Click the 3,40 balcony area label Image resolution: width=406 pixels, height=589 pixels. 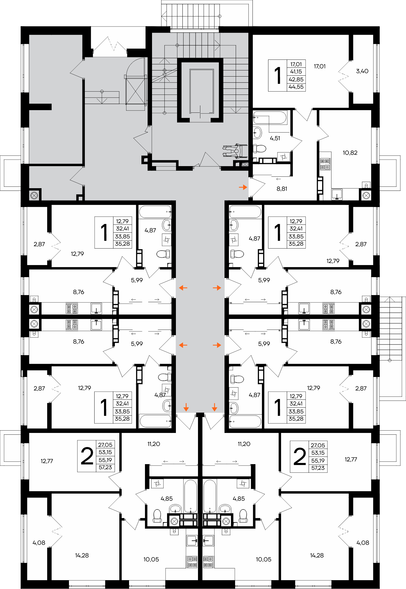tap(362, 71)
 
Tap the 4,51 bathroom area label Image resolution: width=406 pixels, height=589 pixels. tap(275, 138)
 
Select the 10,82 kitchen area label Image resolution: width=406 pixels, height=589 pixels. tap(350, 153)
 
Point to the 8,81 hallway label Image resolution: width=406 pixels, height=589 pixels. tap(282, 189)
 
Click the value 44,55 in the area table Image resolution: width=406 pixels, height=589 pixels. tap(296, 87)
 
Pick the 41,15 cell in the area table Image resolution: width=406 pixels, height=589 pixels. tap(296, 72)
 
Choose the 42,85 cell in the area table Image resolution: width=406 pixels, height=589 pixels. tap(296, 79)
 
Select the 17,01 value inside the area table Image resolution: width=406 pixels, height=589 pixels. tap(296, 64)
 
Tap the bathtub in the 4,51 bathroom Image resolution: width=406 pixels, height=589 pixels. tap(270, 118)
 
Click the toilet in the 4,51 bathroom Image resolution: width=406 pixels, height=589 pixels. tap(259, 148)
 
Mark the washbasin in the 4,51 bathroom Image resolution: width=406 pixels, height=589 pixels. tap(257, 133)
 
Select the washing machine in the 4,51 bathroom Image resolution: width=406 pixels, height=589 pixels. tap(284, 157)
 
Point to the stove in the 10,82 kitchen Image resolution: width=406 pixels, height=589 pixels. tap(325, 164)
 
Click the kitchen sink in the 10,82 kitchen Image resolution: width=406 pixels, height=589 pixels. tap(337, 194)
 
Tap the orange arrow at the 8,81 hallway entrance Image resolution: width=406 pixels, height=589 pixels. tap(243, 187)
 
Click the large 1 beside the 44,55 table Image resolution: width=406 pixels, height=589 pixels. tap(278, 76)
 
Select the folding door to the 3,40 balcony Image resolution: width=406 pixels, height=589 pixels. tap(344, 76)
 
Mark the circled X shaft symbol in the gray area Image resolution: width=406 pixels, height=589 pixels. tap(34, 195)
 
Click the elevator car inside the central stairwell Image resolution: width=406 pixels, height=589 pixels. tap(202, 92)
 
